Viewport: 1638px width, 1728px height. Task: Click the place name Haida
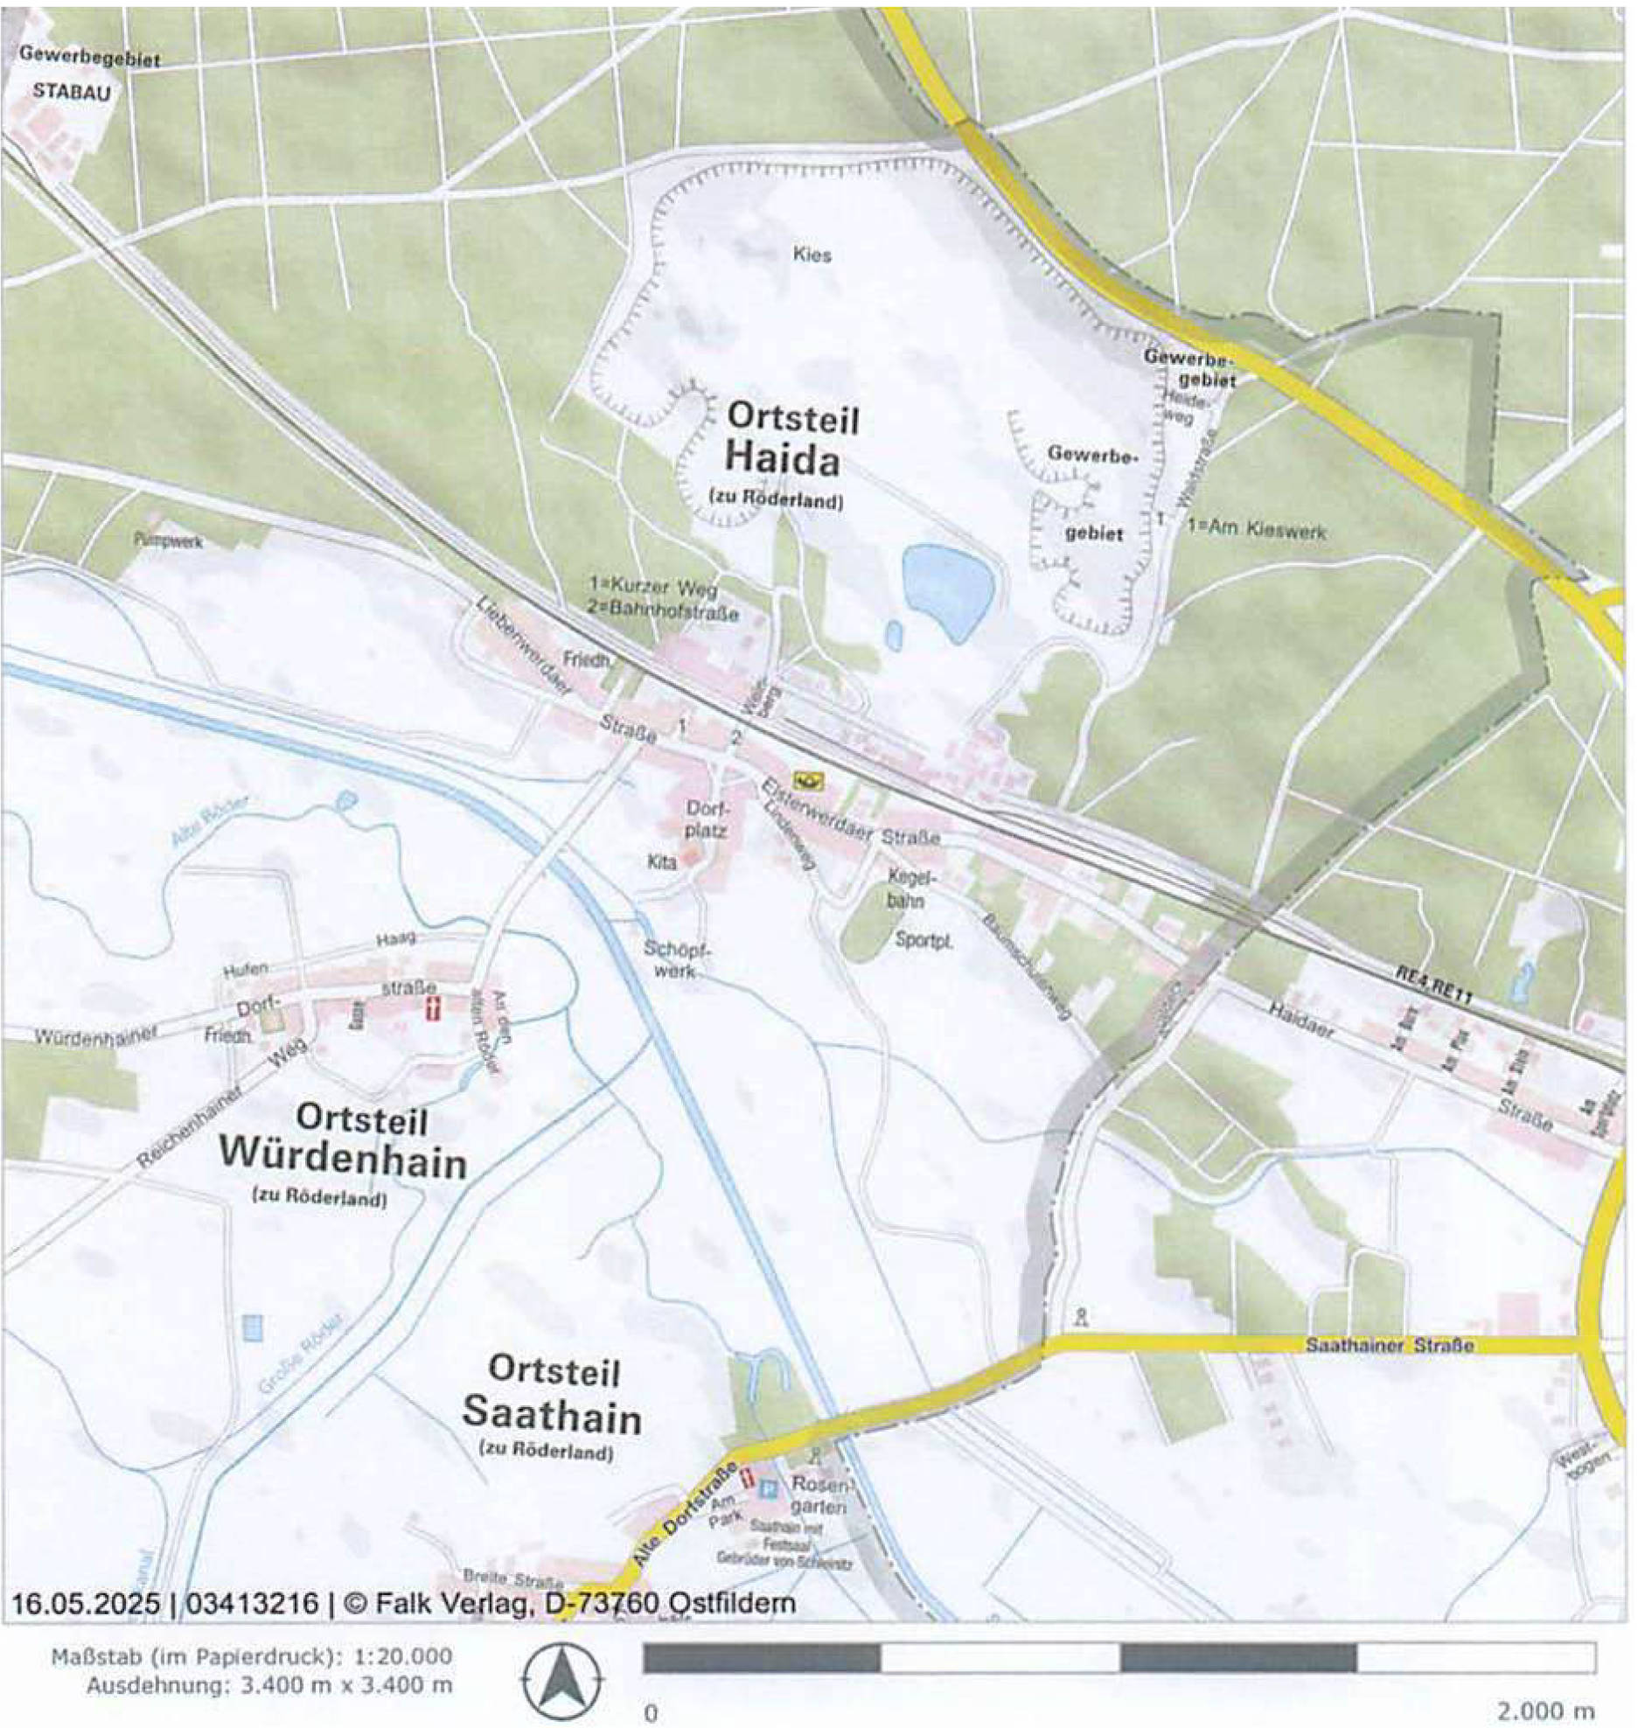[x=783, y=460]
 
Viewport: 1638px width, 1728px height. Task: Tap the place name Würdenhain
[x=342, y=1161]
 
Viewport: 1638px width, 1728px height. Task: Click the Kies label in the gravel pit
[x=812, y=255]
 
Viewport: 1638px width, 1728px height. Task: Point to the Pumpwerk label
[x=168, y=541]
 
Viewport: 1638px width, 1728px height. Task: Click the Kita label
[x=661, y=862]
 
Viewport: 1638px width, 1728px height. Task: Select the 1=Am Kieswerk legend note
[x=1256, y=530]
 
